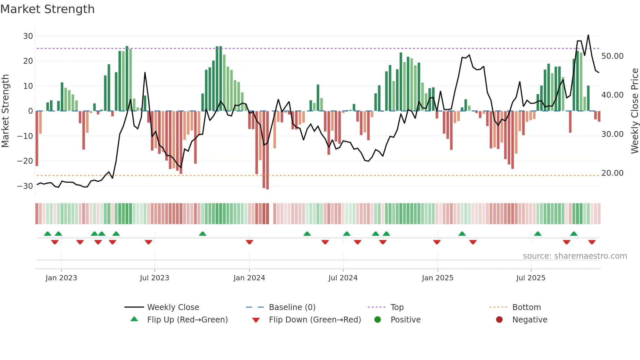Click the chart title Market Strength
[47, 9]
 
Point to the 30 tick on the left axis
[28, 36]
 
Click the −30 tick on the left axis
[25, 186]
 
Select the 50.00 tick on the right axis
[612, 56]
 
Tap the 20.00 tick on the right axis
[612, 173]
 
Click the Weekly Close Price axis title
[634, 111]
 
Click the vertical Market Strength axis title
[5, 111]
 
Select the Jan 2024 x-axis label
[249, 278]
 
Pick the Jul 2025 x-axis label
[531, 278]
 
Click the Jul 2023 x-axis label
[154, 278]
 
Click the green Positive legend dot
[377, 319]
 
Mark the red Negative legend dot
[499, 319]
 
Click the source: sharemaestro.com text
[575, 256]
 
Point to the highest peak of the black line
[588, 35]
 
